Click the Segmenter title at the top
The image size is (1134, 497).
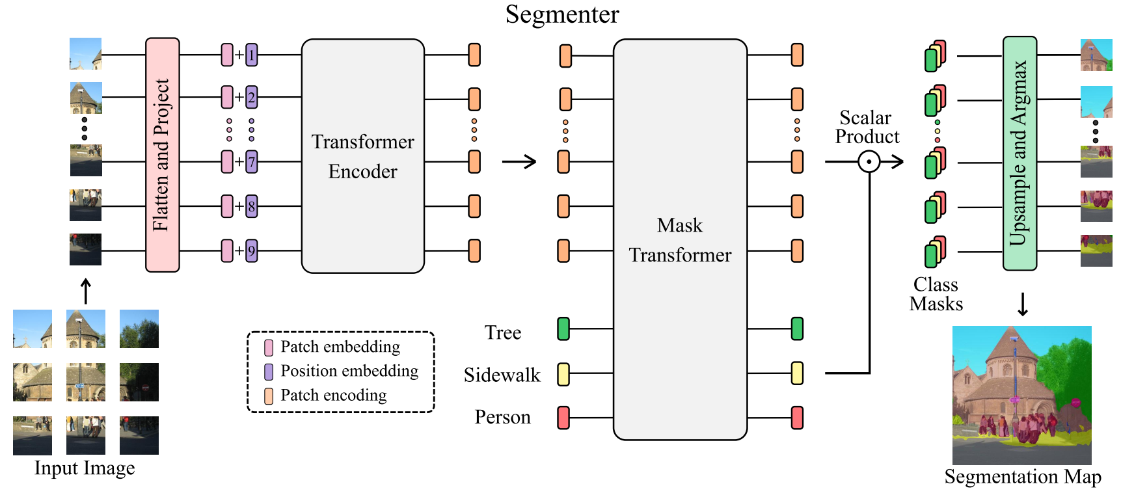click(562, 14)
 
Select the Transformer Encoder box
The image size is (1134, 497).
click(362, 156)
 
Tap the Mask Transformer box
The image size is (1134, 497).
click(680, 239)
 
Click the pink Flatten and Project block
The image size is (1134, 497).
click(162, 155)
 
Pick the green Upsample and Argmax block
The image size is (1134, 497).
click(1019, 154)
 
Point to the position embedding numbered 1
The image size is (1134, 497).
click(252, 55)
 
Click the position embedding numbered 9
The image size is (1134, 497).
click(252, 250)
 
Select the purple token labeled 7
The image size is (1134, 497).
click(252, 162)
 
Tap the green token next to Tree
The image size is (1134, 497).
click(563, 329)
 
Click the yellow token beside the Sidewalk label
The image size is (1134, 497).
click(563, 374)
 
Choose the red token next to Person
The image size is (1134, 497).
click(563, 417)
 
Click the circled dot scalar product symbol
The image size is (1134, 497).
click(869, 161)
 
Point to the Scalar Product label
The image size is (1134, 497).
click(867, 128)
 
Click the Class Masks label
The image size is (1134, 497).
click(936, 294)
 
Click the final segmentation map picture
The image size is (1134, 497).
click(1021, 395)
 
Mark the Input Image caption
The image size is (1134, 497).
click(85, 468)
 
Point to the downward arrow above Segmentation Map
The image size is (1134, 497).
click(1023, 304)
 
